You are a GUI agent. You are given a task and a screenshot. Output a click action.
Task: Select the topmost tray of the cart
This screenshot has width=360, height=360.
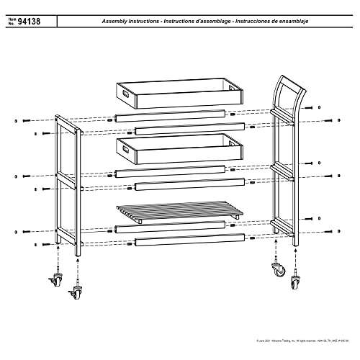click(179, 94)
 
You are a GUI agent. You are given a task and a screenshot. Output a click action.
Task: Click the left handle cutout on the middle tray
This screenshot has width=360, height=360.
click(125, 148)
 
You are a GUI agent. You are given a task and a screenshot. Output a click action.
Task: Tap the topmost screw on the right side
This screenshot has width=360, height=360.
click(329, 120)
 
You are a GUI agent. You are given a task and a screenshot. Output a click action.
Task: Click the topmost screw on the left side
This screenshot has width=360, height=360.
click(24, 120)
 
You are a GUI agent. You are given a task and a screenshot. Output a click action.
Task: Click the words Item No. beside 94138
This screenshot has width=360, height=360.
click(14, 23)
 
